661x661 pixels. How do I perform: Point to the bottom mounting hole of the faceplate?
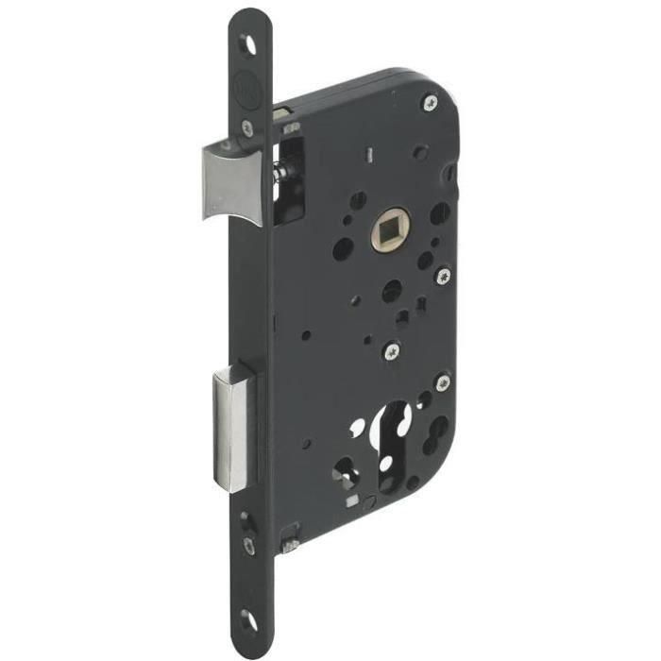[247, 619]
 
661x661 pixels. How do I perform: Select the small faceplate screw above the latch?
[247, 128]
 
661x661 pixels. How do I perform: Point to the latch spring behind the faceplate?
[280, 173]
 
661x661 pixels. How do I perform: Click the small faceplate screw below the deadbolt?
[248, 544]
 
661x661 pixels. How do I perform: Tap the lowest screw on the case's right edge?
[441, 382]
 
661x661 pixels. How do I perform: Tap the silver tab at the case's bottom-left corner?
[291, 545]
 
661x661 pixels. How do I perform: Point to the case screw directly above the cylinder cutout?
[391, 352]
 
